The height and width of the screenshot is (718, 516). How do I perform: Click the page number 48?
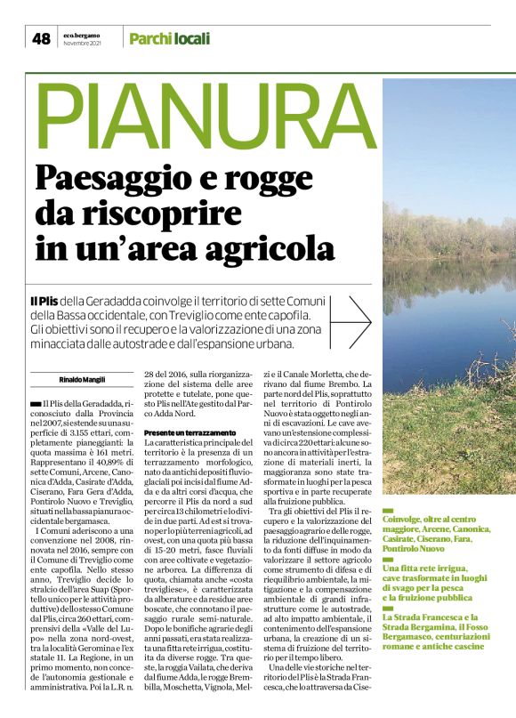pyautogui.click(x=41, y=38)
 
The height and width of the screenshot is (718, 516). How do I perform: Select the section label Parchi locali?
pyautogui.click(x=169, y=38)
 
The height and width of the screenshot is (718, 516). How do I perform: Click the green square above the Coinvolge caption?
pyautogui.click(x=387, y=510)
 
